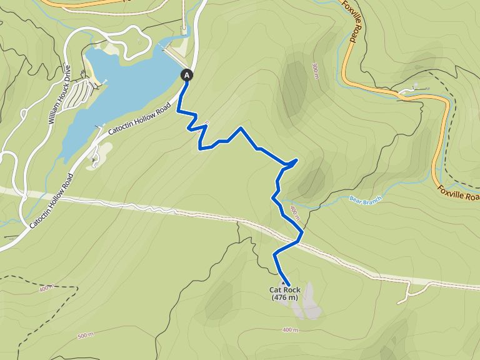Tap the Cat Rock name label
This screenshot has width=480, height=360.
284,290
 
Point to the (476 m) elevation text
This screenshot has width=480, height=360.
284,298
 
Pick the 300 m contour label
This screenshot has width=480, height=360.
317,70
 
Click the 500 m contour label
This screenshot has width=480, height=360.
86,336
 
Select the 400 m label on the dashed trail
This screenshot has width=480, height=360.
46,289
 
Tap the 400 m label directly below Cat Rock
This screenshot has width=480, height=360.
290,329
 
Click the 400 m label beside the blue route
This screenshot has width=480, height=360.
294,214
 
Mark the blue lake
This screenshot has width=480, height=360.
125,81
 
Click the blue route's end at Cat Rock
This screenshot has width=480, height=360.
288,285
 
